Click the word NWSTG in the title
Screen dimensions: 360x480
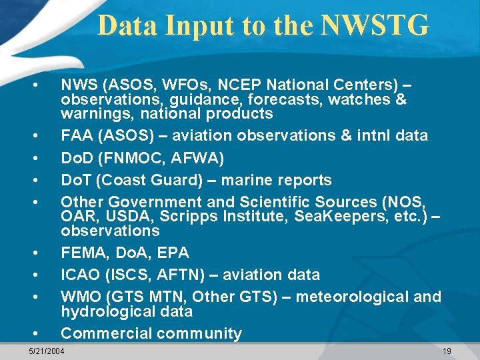tap(374, 26)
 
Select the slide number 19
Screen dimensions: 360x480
tap(447, 351)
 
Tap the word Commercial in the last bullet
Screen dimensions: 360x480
tap(103, 333)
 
